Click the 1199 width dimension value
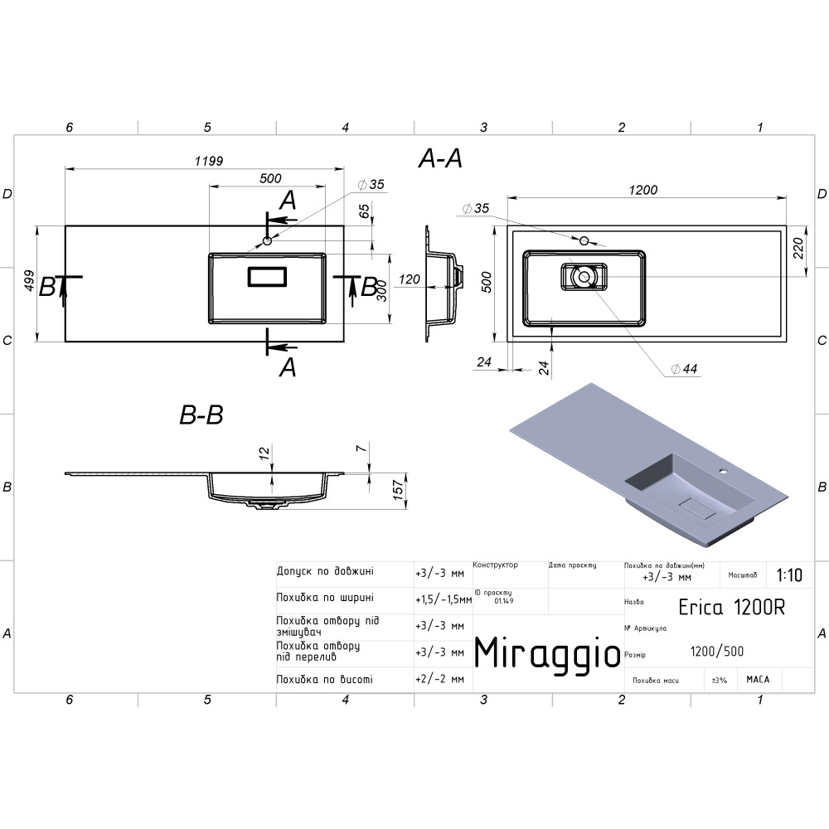(x=209, y=161)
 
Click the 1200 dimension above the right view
(x=643, y=190)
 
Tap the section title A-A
(x=440, y=158)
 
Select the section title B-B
(x=201, y=415)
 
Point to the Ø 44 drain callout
(x=685, y=369)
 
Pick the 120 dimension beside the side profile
(x=410, y=279)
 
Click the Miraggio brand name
(x=546, y=654)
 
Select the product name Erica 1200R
(x=732, y=608)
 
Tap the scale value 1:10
(x=789, y=574)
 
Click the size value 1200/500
(x=717, y=652)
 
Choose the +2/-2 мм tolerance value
(x=440, y=679)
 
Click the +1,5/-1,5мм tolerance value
(x=444, y=600)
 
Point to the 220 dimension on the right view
(x=798, y=248)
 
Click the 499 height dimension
(x=30, y=281)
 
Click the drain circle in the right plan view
(x=584, y=277)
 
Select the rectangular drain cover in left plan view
(x=267, y=277)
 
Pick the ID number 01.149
(x=504, y=601)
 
